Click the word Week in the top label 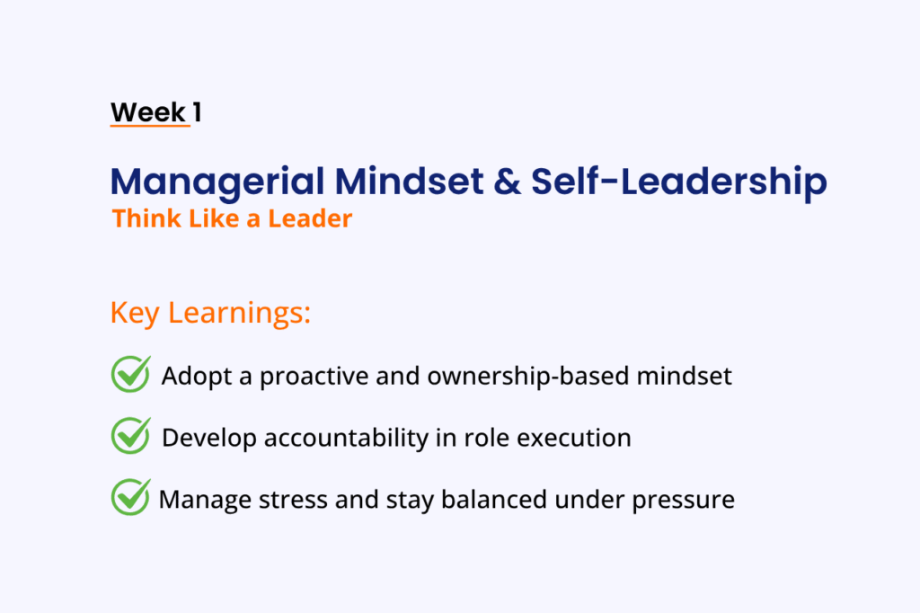[x=148, y=111]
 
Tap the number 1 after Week [x=197, y=111]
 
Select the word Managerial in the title [x=217, y=182]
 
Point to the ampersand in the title [x=507, y=182]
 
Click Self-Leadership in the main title [x=679, y=182]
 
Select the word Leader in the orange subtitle [x=310, y=218]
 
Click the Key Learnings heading [x=210, y=313]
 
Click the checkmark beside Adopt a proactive [x=131, y=374]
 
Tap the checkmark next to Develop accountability [x=131, y=436]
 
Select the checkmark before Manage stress [x=131, y=497]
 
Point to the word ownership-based [x=528, y=377]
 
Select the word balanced [x=494, y=500]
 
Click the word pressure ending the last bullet [x=683, y=501]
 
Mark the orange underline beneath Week [x=150, y=125]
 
